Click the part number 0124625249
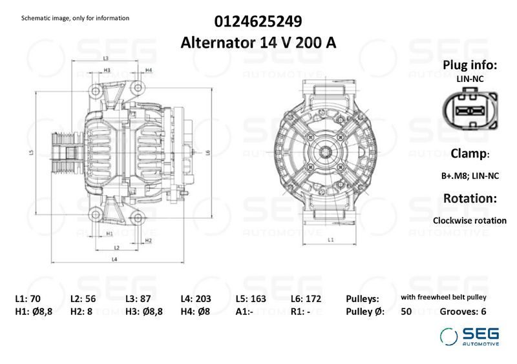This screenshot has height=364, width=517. point(258,22)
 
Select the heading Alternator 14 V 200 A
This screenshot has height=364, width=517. point(258,43)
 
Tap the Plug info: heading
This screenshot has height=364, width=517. point(469,65)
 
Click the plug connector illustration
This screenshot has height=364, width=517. point(469,111)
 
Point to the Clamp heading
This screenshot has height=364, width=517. point(469,154)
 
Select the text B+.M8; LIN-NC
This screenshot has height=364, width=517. point(469,175)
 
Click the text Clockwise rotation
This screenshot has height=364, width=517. point(469,220)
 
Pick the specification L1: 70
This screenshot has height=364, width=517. point(28,299)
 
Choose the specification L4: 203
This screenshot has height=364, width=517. point(196,299)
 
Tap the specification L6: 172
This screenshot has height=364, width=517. point(306,299)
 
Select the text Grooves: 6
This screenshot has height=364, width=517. point(463,311)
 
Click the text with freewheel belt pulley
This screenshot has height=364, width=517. point(443,298)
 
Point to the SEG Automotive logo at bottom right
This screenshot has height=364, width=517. point(470,336)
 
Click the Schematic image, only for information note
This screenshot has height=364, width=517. point(75,18)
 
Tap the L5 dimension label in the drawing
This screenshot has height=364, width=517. point(30,153)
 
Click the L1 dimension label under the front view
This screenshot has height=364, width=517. point(330,239)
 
